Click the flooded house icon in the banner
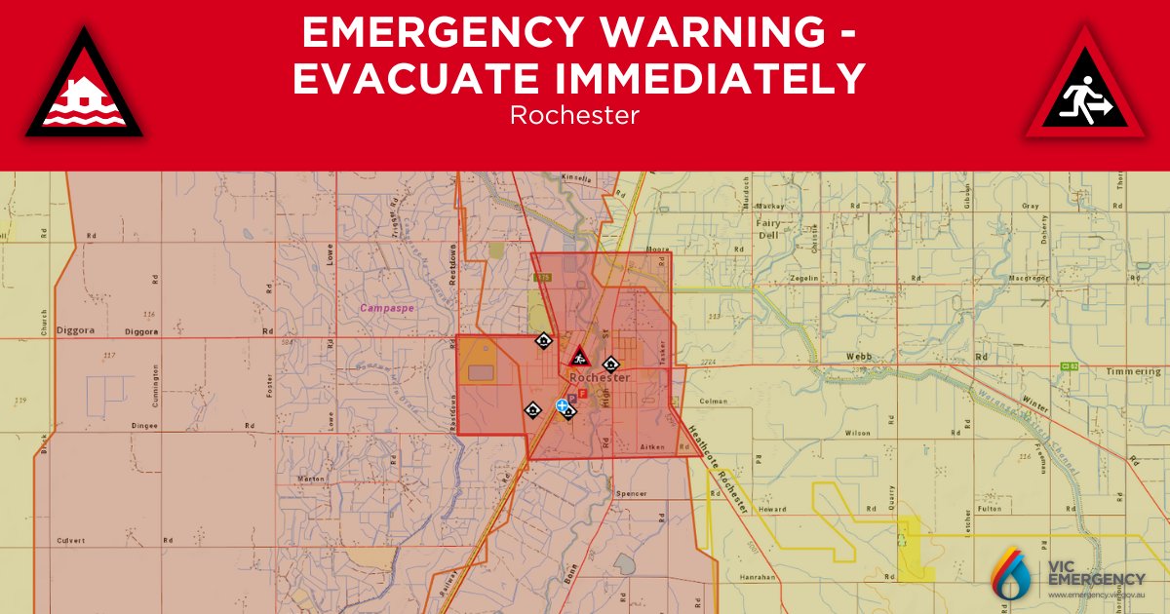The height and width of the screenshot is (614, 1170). pyautogui.click(x=84, y=87)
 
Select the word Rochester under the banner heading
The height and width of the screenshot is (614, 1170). pyautogui.click(x=574, y=115)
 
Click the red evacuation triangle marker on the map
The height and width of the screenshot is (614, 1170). pyautogui.click(x=578, y=357)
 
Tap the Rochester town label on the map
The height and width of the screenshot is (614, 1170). pyautogui.click(x=600, y=377)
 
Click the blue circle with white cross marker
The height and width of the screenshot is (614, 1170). pyautogui.click(x=562, y=404)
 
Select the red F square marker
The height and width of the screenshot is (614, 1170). pyautogui.click(x=582, y=395)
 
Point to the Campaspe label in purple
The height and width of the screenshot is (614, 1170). pyautogui.click(x=387, y=308)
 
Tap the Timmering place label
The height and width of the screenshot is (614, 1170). pyautogui.click(x=1133, y=372)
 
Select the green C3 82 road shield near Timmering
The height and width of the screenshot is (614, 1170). pyautogui.click(x=1070, y=366)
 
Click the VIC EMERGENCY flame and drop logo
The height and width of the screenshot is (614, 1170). pyautogui.click(x=1013, y=573)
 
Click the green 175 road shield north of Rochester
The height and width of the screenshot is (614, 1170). pyautogui.click(x=543, y=279)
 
